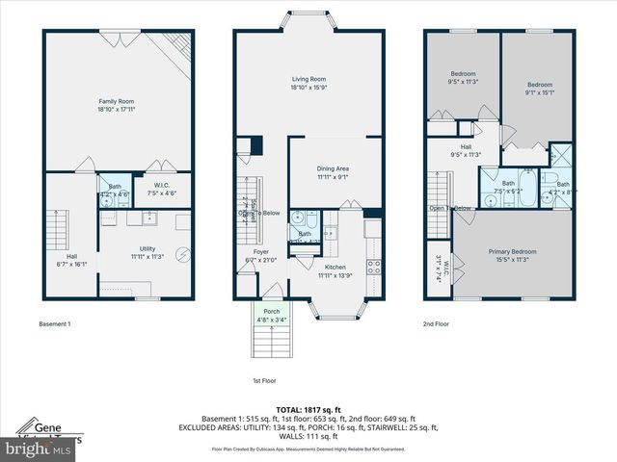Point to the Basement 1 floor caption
coord(55,324)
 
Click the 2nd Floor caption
coord(437,324)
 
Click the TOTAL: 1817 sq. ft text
coord(308,410)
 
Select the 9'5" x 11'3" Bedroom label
coord(465,78)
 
